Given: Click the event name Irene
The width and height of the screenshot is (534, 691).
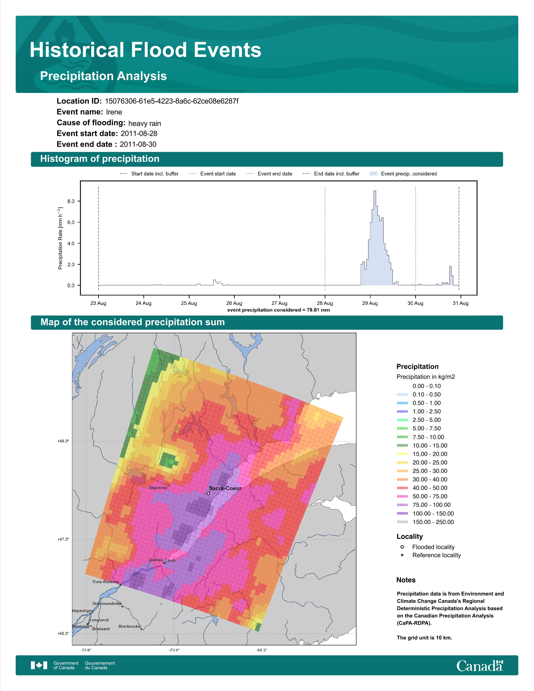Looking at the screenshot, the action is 114,112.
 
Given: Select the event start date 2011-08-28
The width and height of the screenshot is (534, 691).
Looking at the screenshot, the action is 139,134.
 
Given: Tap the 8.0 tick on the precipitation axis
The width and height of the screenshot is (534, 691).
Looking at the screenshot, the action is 71,201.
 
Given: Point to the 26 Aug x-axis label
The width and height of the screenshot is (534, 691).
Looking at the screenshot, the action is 234,303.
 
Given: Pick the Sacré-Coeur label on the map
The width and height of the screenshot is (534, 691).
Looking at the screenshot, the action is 225,488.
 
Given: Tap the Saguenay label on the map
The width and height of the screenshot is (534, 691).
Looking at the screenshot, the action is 158,487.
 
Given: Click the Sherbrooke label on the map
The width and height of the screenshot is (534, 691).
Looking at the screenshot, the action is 129,626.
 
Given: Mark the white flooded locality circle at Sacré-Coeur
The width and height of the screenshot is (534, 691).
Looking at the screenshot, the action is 208,493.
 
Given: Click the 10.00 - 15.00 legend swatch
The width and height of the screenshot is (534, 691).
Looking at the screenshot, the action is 402,445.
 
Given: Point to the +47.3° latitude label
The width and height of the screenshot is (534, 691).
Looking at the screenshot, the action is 63,539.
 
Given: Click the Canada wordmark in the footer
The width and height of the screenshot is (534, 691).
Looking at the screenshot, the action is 480,666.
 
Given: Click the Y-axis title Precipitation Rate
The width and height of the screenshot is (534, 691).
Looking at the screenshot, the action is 60,238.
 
